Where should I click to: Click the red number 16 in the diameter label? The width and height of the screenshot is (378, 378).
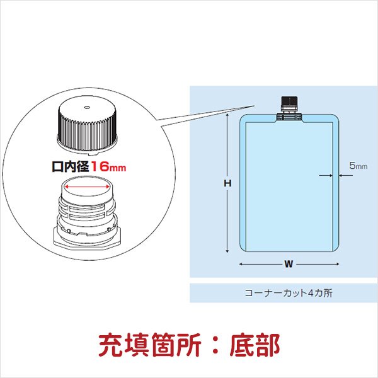pos(100,166)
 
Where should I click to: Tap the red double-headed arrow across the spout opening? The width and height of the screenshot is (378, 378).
pos(88,186)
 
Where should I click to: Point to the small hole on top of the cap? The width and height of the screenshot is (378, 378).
pos(88,107)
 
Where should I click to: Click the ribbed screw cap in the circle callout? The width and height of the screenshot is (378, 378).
pos(88,126)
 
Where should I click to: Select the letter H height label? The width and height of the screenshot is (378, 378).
pos(227,183)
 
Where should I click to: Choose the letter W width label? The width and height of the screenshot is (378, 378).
pos(289,264)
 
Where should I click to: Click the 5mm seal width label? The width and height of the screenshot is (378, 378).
pos(358,166)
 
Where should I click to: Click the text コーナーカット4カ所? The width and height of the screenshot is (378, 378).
pos(289,293)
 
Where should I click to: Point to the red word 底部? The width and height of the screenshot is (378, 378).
pos(255,345)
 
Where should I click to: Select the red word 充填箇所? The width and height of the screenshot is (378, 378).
pos(150,345)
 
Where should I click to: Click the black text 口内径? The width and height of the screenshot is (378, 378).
pos(71,166)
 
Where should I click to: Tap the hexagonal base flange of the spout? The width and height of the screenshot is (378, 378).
pos(87,239)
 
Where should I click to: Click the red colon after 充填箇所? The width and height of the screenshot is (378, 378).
pos(215,345)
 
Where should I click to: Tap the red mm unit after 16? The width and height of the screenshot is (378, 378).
pos(118,168)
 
